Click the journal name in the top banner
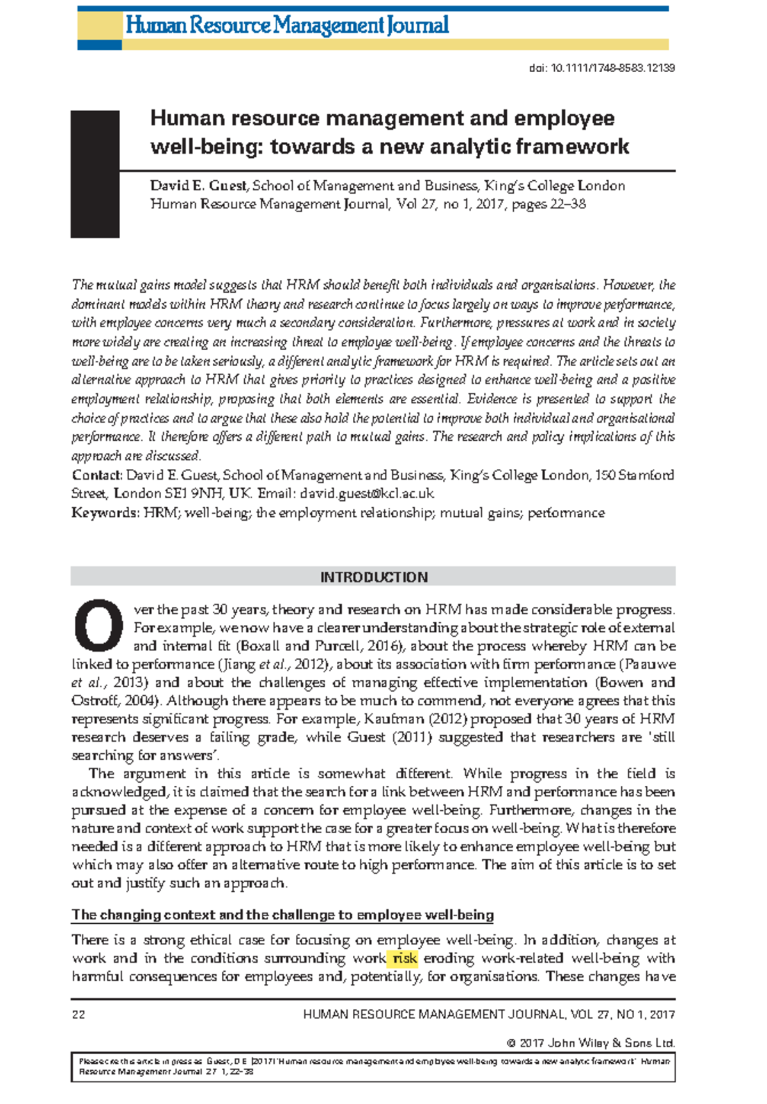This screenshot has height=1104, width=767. (287, 26)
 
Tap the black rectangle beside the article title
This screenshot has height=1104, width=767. (95, 174)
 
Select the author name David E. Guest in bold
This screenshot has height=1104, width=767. (199, 186)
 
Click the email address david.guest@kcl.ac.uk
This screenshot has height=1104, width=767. (367, 494)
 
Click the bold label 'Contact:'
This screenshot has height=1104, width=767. (97, 475)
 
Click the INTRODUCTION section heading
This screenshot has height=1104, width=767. (373, 577)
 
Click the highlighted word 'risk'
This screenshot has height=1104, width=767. (404, 958)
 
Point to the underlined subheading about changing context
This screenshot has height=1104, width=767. (283, 915)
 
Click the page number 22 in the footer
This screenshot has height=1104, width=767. (78, 1015)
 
